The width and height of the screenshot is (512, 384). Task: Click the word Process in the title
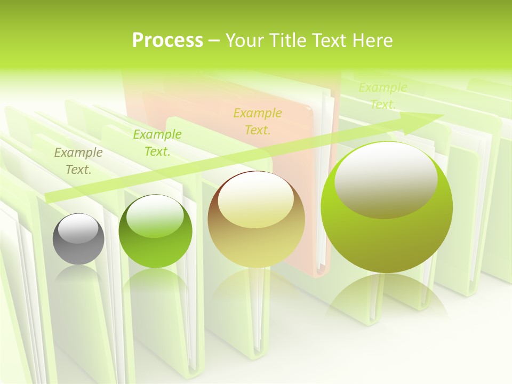(x=167, y=41)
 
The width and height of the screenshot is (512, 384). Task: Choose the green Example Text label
(x=157, y=143)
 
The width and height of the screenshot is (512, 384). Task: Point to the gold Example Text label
(x=258, y=121)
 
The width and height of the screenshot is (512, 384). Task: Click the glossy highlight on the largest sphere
(x=386, y=179)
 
